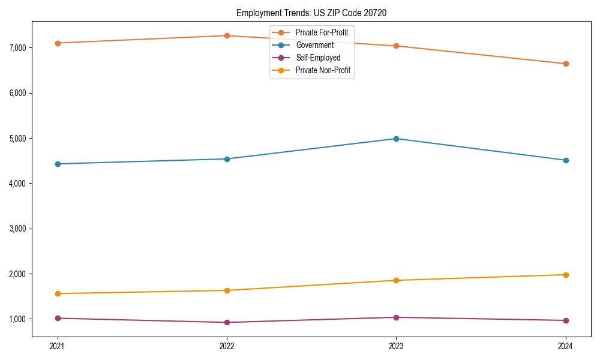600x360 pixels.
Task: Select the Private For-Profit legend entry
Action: click(322, 32)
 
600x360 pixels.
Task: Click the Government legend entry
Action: click(314, 45)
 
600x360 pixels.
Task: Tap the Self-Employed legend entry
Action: click(318, 58)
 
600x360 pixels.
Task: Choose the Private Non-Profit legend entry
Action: click(323, 71)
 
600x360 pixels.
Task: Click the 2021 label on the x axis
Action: click(58, 346)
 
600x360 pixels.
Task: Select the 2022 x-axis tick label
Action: click(227, 346)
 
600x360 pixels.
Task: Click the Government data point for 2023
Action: click(396, 139)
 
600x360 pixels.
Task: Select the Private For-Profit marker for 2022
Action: click(227, 35)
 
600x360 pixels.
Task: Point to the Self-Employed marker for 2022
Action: click(227, 322)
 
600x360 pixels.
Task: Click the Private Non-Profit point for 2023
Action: click(396, 280)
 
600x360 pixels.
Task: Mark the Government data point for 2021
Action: click(58, 164)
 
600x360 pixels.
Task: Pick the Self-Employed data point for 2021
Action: click(58, 318)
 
